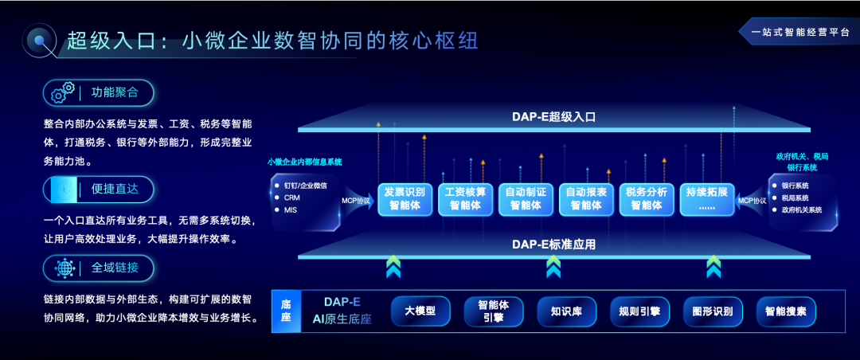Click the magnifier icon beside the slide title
[41, 41]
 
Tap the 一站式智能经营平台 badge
[797, 33]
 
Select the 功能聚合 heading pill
[99, 92]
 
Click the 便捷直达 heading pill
[99, 189]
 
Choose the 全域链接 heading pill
[99, 268]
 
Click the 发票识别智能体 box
[405, 198]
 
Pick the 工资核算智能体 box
[465, 198]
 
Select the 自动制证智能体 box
[526, 198]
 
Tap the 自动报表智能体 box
[586, 198]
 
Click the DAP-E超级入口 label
[554, 117]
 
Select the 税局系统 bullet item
[795, 198]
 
